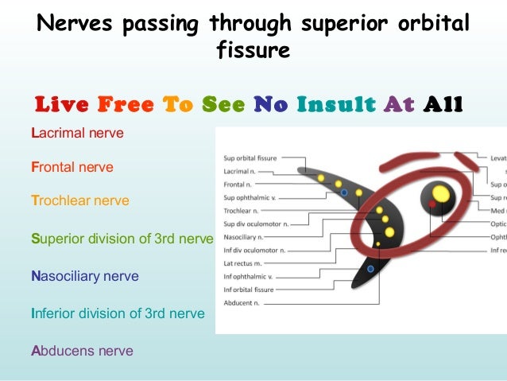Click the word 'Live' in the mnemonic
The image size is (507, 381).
[x=63, y=104]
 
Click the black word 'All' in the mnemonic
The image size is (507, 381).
[x=443, y=104]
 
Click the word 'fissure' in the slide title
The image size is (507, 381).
[x=253, y=52]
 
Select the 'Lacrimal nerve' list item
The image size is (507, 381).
[x=77, y=133]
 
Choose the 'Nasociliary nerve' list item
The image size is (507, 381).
[x=84, y=277]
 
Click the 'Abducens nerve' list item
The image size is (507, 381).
[x=82, y=350]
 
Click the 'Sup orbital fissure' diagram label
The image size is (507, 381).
[x=250, y=158]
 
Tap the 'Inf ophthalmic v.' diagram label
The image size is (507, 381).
[x=248, y=277]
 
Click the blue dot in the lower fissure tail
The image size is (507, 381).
[x=370, y=269]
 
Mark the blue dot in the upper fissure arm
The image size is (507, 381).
[x=343, y=192]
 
